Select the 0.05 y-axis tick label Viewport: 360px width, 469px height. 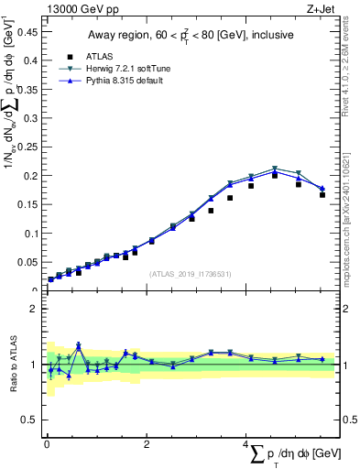pyautogui.click(x=26, y=262)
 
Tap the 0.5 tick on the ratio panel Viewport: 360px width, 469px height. pyautogui.click(x=28, y=420)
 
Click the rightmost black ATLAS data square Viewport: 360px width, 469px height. pyautogui.click(x=322, y=194)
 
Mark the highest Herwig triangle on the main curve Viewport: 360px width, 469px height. pyautogui.click(x=275, y=169)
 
